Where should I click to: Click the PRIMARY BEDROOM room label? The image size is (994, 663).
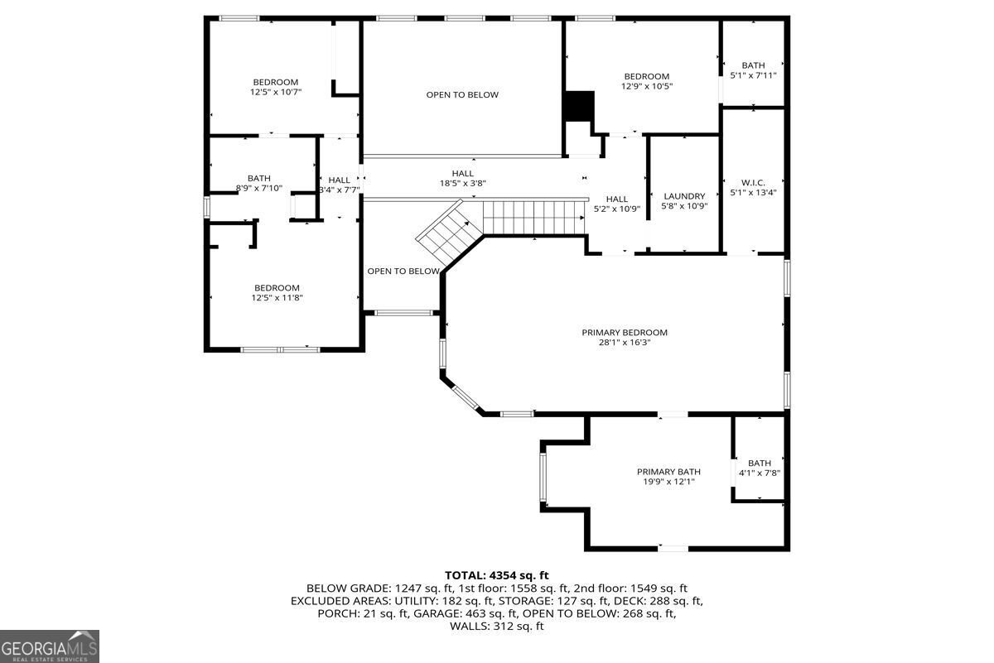[x=624, y=333]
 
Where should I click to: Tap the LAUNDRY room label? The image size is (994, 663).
[x=684, y=196]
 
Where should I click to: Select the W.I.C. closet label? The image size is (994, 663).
[x=753, y=181]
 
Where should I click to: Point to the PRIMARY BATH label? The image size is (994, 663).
[x=668, y=471]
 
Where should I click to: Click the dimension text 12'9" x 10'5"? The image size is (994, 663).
[x=646, y=86]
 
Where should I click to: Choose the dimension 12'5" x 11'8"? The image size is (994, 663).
[x=277, y=298]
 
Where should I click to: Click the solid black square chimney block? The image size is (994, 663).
[x=578, y=106]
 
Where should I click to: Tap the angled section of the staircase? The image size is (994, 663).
[x=448, y=232]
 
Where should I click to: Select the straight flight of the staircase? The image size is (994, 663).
[x=534, y=217]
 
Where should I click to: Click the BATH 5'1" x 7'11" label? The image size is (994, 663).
[x=753, y=70]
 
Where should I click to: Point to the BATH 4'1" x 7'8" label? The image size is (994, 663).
[x=759, y=468]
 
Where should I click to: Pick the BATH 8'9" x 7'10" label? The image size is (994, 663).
[x=258, y=183]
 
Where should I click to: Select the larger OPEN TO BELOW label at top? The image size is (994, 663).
[x=462, y=95]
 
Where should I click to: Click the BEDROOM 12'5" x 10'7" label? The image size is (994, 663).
[x=275, y=87]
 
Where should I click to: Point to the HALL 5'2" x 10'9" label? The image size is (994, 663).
[x=616, y=204]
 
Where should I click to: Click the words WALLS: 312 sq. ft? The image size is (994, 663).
[x=496, y=627]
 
